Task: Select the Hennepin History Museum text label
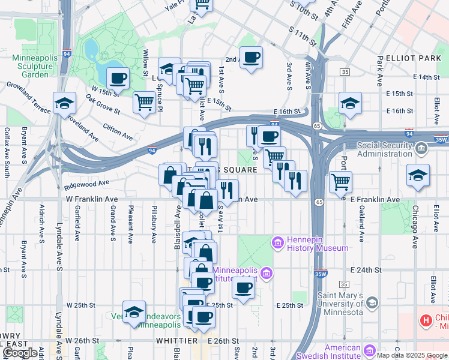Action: (318, 248)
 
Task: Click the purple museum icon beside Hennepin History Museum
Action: (277, 242)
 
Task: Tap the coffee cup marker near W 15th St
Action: (118, 77)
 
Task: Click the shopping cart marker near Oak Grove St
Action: (144, 103)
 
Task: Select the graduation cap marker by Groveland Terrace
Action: (64, 103)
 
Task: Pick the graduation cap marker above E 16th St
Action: (349, 103)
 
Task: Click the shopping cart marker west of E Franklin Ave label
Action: (340, 181)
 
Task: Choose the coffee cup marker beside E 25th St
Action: (243, 287)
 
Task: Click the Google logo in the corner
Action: (20, 352)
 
